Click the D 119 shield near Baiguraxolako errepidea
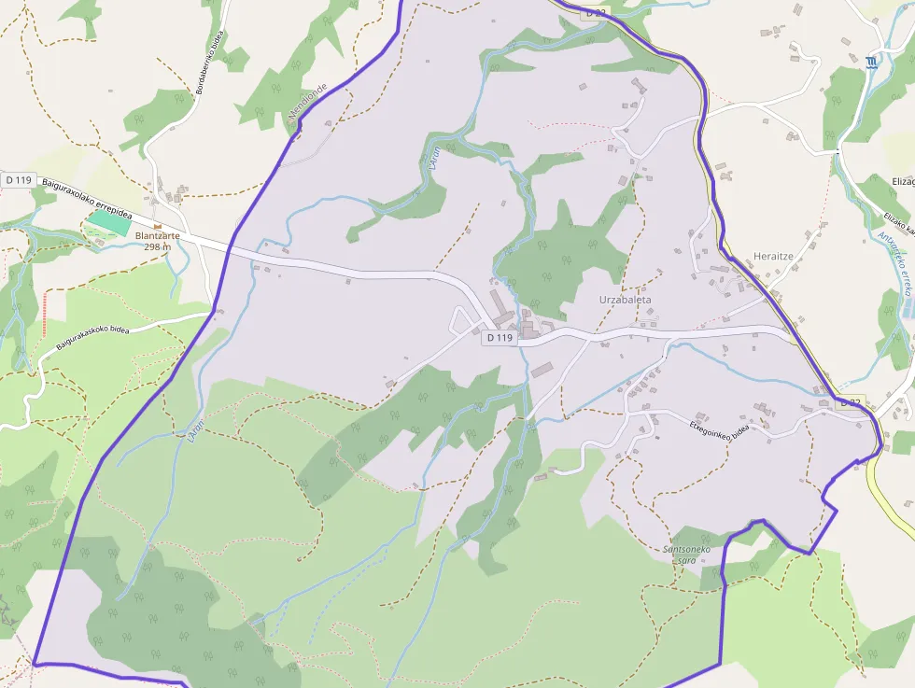click(x=18, y=178)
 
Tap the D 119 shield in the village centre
click(x=500, y=338)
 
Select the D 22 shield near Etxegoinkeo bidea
click(x=850, y=402)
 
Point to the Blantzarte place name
click(x=157, y=236)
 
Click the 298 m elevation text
click(x=158, y=247)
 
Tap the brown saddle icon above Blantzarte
click(x=158, y=225)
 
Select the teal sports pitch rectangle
click(x=110, y=222)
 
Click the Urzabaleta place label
click(x=625, y=300)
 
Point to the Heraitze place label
click(x=774, y=256)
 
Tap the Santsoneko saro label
click(x=686, y=555)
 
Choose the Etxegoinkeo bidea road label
click(x=721, y=428)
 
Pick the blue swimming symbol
click(x=870, y=62)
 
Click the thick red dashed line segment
click(x=44, y=314)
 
